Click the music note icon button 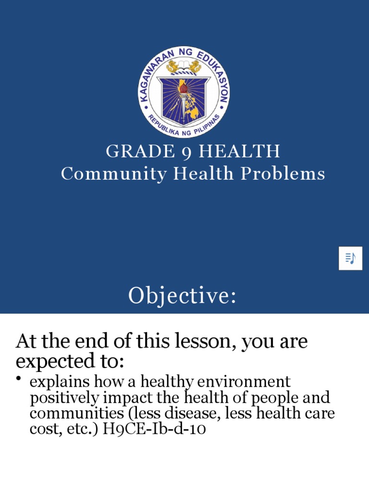[x=350, y=258]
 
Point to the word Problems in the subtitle [x=283, y=174]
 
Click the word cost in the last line [x=44, y=429]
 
